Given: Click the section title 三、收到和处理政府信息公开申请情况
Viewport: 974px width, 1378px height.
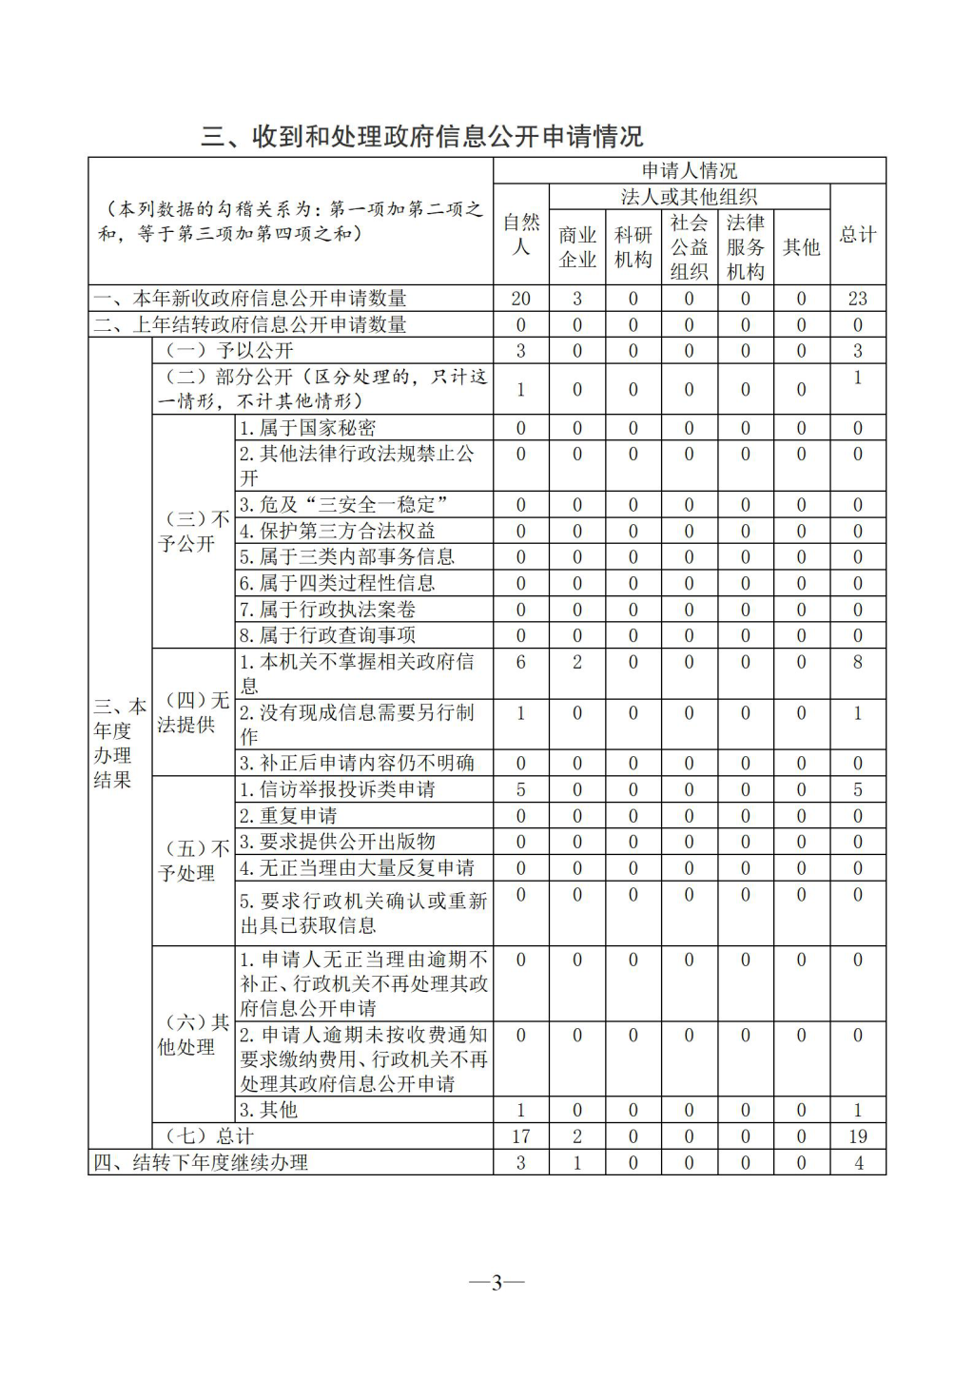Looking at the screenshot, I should [x=421, y=137].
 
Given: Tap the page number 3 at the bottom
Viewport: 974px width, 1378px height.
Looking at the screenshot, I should [x=497, y=1283].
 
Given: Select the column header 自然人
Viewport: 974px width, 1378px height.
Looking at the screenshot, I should [x=521, y=234].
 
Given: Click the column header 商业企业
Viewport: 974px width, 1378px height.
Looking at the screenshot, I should [x=577, y=247].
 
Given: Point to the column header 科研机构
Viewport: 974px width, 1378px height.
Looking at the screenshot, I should [x=633, y=247].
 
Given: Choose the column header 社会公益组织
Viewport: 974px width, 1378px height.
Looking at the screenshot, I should [x=690, y=247].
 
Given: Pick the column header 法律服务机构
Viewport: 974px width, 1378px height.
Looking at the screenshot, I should [x=746, y=247].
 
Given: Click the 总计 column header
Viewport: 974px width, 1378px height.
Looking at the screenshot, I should [x=857, y=235].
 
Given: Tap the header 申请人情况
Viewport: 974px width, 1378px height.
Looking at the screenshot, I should [x=690, y=171].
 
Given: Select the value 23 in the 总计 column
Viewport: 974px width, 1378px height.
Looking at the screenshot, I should [x=857, y=299].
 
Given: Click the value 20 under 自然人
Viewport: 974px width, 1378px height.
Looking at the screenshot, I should [x=521, y=299].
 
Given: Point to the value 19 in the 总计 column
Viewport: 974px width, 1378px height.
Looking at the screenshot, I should [x=857, y=1136].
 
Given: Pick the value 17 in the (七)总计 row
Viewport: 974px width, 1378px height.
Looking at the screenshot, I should [x=521, y=1136].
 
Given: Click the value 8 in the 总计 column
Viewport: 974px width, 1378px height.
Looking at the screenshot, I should [x=857, y=662].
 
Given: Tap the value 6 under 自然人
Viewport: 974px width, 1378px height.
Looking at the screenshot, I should [x=521, y=662].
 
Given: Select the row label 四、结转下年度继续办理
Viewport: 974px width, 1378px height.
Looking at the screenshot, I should [x=201, y=1162].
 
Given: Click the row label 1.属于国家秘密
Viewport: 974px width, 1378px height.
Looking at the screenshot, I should [x=308, y=428].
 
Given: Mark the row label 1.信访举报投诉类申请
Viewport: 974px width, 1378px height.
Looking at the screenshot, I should [x=338, y=789].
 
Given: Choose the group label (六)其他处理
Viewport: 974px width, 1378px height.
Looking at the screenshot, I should [x=193, y=1035].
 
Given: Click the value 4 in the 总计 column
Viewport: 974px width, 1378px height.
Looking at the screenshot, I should [x=857, y=1162].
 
